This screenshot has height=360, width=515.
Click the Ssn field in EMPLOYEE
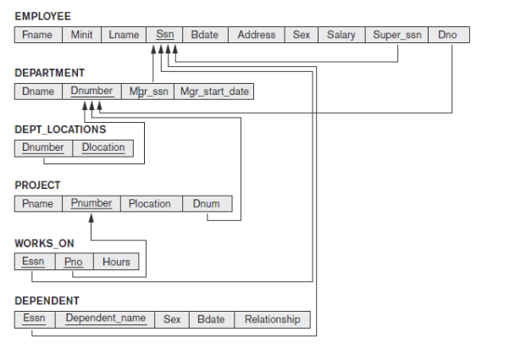point(164,35)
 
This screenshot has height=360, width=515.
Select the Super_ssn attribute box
point(397,35)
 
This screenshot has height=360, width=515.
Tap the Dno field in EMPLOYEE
point(447,35)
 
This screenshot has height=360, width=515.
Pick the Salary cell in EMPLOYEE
point(341,35)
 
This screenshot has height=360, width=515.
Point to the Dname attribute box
point(38,91)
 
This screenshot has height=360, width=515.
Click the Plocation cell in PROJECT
point(150,203)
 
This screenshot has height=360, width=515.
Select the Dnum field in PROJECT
point(206,203)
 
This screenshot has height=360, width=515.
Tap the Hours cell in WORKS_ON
point(116,262)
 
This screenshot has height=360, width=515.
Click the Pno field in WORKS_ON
point(74,262)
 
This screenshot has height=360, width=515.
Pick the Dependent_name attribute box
point(106,319)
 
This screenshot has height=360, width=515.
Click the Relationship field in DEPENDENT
point(272,319)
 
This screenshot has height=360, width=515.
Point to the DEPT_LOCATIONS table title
point(60,130)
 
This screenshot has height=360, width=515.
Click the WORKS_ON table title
point(44,243)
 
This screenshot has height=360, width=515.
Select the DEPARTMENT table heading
point(50,74)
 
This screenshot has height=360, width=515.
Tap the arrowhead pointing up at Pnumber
point(91,217)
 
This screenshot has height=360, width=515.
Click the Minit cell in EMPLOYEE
point(82,35)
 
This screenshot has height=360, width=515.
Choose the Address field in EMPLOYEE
point(256,35)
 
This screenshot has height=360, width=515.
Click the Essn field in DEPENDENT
point(34,319)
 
